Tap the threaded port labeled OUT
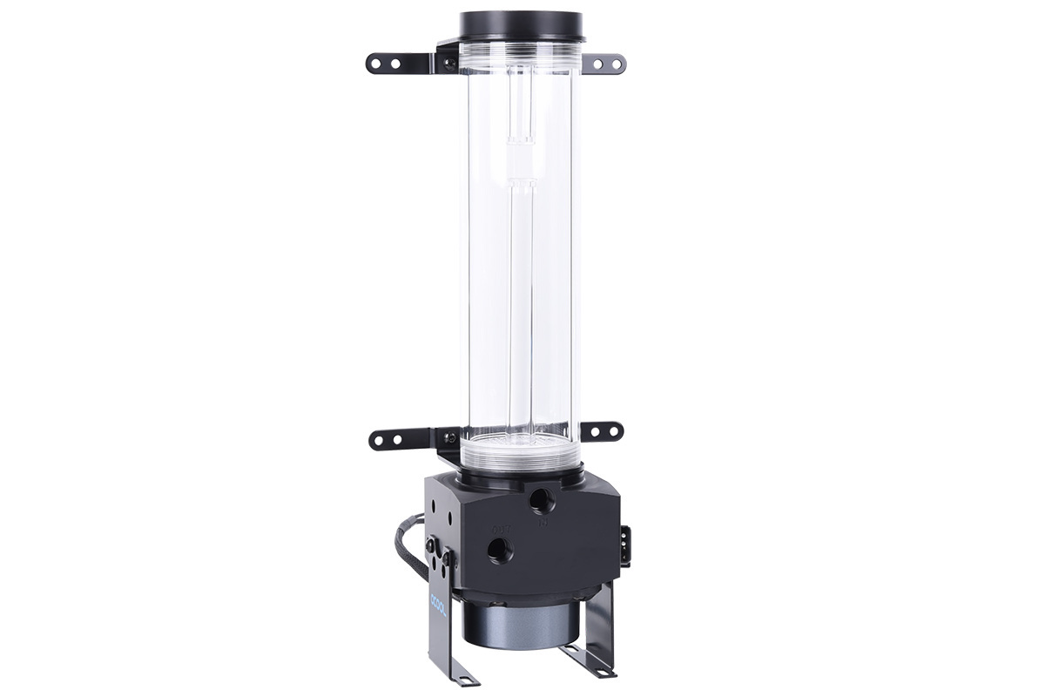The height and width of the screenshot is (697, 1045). [499, 549]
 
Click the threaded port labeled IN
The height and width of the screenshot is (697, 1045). [542, 500]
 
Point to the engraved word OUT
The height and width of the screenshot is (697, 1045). [501, 527]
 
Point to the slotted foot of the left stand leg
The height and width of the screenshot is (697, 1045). [453, 676]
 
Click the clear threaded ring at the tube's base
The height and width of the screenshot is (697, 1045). [520, 450]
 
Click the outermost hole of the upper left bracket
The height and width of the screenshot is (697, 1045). [375, 64]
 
